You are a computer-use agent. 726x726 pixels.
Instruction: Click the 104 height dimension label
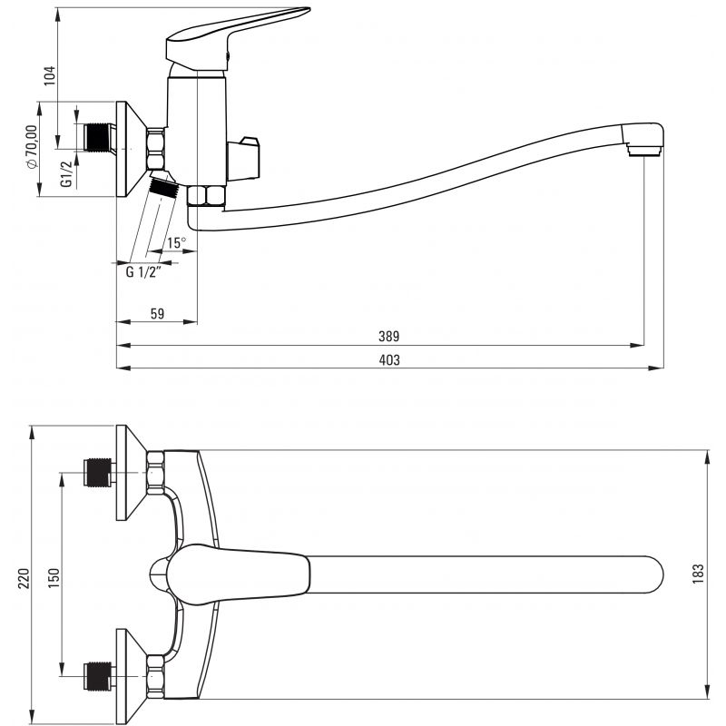pyautogui.click(x=50, y=75)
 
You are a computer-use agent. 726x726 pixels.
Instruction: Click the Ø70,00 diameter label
pyautogui.click(x=32, y=147)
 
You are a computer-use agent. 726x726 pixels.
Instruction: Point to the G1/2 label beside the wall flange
pyautogui.click(x=66, y=173)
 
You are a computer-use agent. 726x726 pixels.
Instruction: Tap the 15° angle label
pyautogui.click(x=176, y=242)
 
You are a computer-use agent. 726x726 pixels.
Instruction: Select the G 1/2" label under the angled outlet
pyautogui.click(x=143, y=271)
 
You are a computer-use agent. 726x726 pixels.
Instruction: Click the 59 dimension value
pyautogui.click(x=157, y=313)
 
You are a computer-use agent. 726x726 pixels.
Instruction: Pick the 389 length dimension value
pyautogui.click(x=389, y=336)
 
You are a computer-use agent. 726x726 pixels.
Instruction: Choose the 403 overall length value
pyautogui.click(x=389, y=359)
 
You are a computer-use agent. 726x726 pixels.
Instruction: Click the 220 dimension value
pyautogui.click(x=24, y=579)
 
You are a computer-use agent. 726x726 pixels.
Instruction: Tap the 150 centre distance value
pyautogui.click(x=54, y=578)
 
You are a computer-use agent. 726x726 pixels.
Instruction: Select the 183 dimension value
pyautogui.click(x=698, y=574)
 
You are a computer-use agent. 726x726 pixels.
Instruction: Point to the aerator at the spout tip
pyautogui.click(x=643, y=149)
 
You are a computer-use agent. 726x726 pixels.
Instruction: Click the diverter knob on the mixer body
pyautogui.click(x=243, y=158)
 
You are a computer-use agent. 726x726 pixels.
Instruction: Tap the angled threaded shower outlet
pyautogui.click(x=164, y=185)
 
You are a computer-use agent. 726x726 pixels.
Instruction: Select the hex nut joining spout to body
pyautogui.click(x=206, y=195)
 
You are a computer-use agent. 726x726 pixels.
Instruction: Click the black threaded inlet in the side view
pyautogui.click(x=99, y=137)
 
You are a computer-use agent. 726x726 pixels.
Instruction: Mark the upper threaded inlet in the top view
pyautogui.click(x=98, y=472)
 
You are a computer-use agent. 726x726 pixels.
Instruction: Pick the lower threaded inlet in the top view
pyautogui.click(x=98, y=676)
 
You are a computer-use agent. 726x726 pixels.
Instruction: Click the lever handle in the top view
pyautogui.click(x=238, y=574)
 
